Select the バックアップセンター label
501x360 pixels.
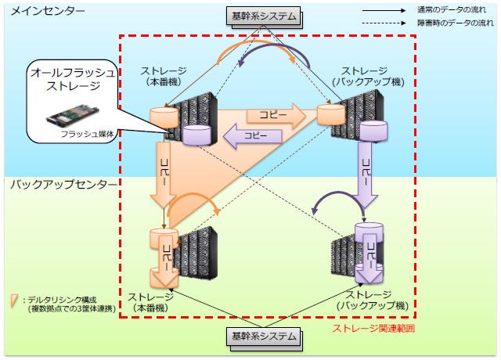click(x=63, y=185)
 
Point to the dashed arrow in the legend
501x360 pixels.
click(x=384, y=24)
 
